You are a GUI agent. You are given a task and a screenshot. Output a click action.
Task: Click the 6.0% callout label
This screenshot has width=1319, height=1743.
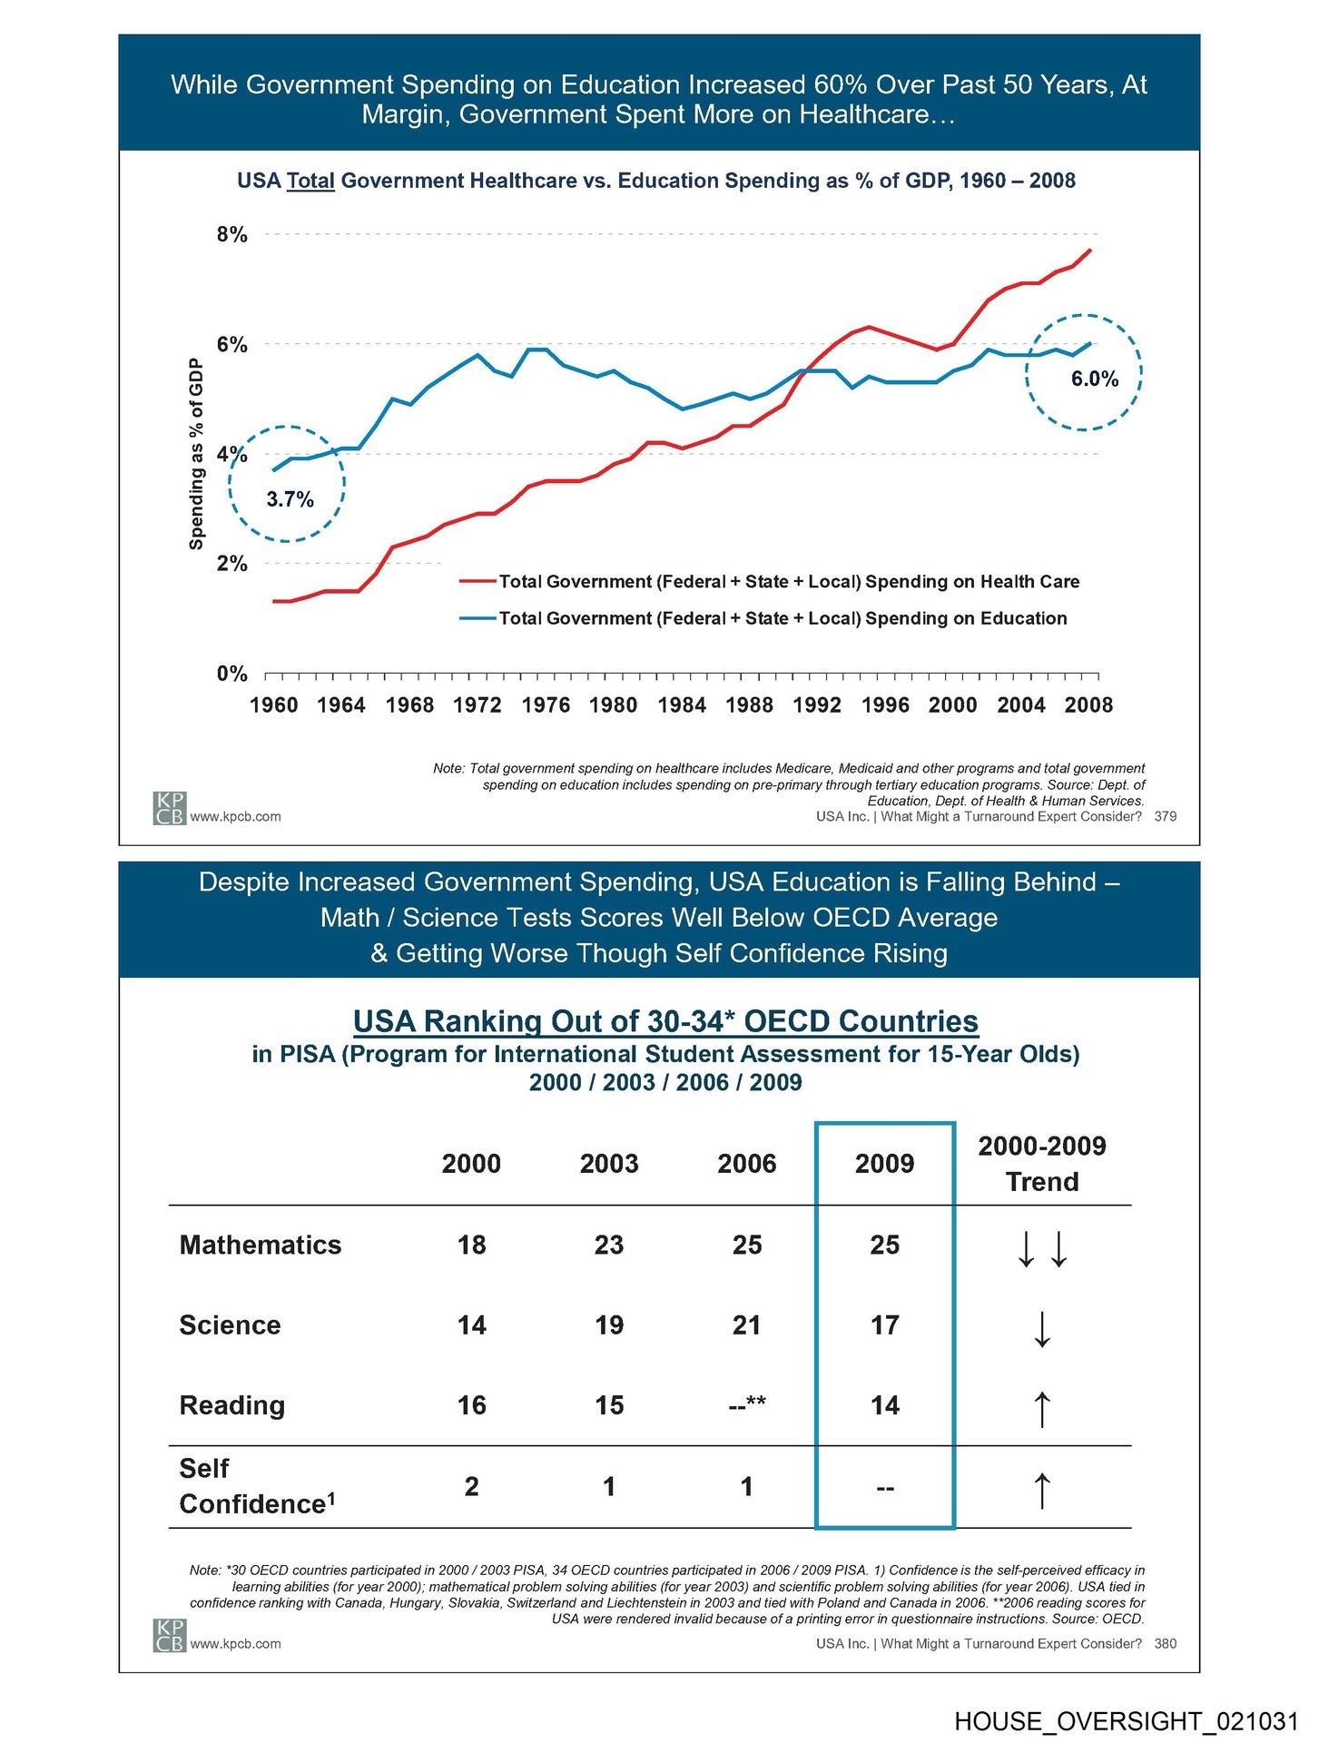tap(1094, 379)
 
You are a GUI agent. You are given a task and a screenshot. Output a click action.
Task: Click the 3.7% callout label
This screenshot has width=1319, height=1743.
tap(290, 499)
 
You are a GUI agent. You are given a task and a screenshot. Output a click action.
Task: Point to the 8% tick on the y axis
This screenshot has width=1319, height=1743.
tap(231, 235)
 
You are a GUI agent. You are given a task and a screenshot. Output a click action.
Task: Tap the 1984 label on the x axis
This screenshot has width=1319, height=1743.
tap(682, 705)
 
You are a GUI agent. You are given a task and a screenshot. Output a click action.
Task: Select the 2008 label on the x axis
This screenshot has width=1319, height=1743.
tap(1088, 705)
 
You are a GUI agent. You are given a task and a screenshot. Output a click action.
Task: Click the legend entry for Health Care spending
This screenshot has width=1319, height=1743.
tap(788, 582)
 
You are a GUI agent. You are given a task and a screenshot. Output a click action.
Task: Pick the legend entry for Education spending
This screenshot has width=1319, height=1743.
tap(782, 619)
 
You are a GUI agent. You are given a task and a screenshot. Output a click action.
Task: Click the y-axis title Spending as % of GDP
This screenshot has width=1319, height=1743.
tap(196, 454)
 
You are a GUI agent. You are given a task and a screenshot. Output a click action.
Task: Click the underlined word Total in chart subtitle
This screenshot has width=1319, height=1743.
tap(310, 181)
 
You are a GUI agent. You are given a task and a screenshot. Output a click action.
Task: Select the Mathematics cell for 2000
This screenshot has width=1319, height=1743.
tap(471, 1245)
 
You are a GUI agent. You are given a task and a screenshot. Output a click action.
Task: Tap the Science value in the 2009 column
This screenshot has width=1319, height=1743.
tap(884, 1325)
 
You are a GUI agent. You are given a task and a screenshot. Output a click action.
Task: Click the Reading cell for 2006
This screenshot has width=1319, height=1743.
tap(747, 1405)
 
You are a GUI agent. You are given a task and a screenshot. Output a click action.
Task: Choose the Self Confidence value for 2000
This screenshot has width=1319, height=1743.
tap(471, 1487)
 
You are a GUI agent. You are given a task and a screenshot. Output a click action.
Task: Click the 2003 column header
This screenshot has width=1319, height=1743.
tap(609, 1164)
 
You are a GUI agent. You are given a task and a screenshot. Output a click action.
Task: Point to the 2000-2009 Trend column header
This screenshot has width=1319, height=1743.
tap(1041, 1164)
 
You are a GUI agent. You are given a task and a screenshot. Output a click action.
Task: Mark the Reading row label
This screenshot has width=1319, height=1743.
tap(232, 1405)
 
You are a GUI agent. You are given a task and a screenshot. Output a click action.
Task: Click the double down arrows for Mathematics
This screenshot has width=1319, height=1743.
tap(1042, 1247)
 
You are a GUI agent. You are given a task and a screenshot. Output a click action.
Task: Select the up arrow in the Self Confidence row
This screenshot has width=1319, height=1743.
tap(1042, 1490)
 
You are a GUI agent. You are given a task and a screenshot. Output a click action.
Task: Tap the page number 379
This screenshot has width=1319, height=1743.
tap(1165, 817)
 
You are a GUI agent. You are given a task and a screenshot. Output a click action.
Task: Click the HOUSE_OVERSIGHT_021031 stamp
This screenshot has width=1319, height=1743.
tap(1126, 1721)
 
